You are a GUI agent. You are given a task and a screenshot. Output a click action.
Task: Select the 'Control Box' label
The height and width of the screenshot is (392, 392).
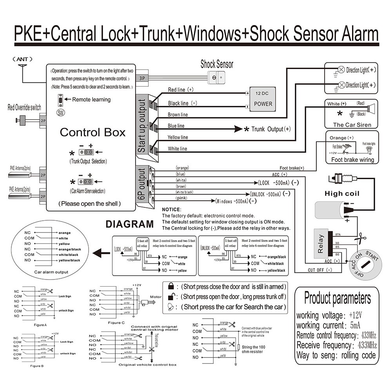[93, 132]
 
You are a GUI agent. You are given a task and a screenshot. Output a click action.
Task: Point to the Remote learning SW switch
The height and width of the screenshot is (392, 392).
[61, 100]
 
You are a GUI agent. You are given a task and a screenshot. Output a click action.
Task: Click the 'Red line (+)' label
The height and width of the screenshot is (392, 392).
[181, 90]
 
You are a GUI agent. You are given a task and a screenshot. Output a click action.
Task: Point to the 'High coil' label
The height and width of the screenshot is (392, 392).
[342, 193]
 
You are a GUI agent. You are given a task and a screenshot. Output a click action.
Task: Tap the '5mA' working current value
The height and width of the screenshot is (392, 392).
[355, 325]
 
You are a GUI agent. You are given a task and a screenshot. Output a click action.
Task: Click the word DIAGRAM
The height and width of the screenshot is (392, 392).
[130, 224]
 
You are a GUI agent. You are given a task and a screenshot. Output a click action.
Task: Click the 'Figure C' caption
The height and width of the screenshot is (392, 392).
[116, 322]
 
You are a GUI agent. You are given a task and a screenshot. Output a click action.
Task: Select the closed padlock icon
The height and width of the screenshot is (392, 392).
[171, 287]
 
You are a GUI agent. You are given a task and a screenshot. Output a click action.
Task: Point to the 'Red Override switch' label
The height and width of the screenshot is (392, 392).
[24, 107]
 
